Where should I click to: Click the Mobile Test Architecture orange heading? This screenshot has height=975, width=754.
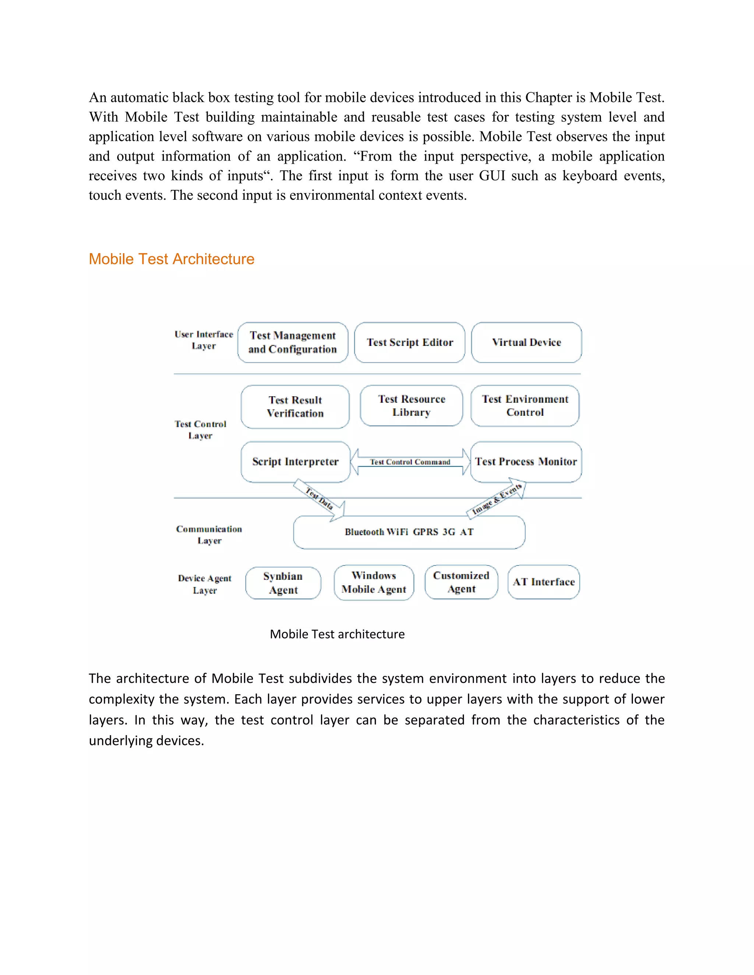(171, 259)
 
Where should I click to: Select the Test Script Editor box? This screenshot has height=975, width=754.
(410, 343)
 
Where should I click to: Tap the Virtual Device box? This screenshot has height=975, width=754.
(526, 343)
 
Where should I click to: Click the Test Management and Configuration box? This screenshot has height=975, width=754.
(293, 343)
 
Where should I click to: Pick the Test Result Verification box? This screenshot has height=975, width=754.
(295, 407)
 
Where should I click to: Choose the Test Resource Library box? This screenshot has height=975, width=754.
(411, 405)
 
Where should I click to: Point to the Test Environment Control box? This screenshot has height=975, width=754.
(525, 405)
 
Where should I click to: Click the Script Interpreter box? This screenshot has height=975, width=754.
(295, 462)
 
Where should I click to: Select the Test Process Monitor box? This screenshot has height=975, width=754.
(526, 462)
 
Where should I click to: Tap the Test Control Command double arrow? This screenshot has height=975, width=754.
(410, 462)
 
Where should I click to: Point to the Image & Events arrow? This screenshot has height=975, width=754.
(497, 500)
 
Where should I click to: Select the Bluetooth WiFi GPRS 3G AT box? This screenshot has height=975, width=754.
(409, 532)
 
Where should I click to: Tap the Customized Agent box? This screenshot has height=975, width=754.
(461, 582)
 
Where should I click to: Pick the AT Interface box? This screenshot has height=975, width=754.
(544, 582)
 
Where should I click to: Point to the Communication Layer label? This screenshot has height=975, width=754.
(209, 534)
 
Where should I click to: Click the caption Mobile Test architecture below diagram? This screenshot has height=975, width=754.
(337, 634)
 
